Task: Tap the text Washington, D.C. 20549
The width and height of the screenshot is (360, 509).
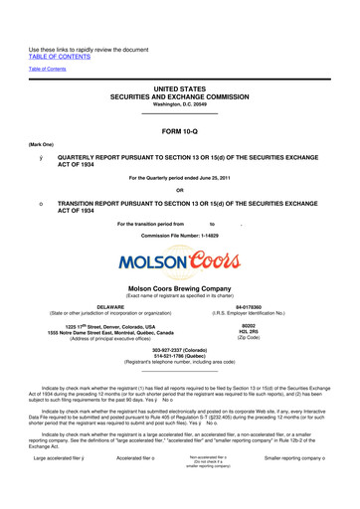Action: coord(179,107)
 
